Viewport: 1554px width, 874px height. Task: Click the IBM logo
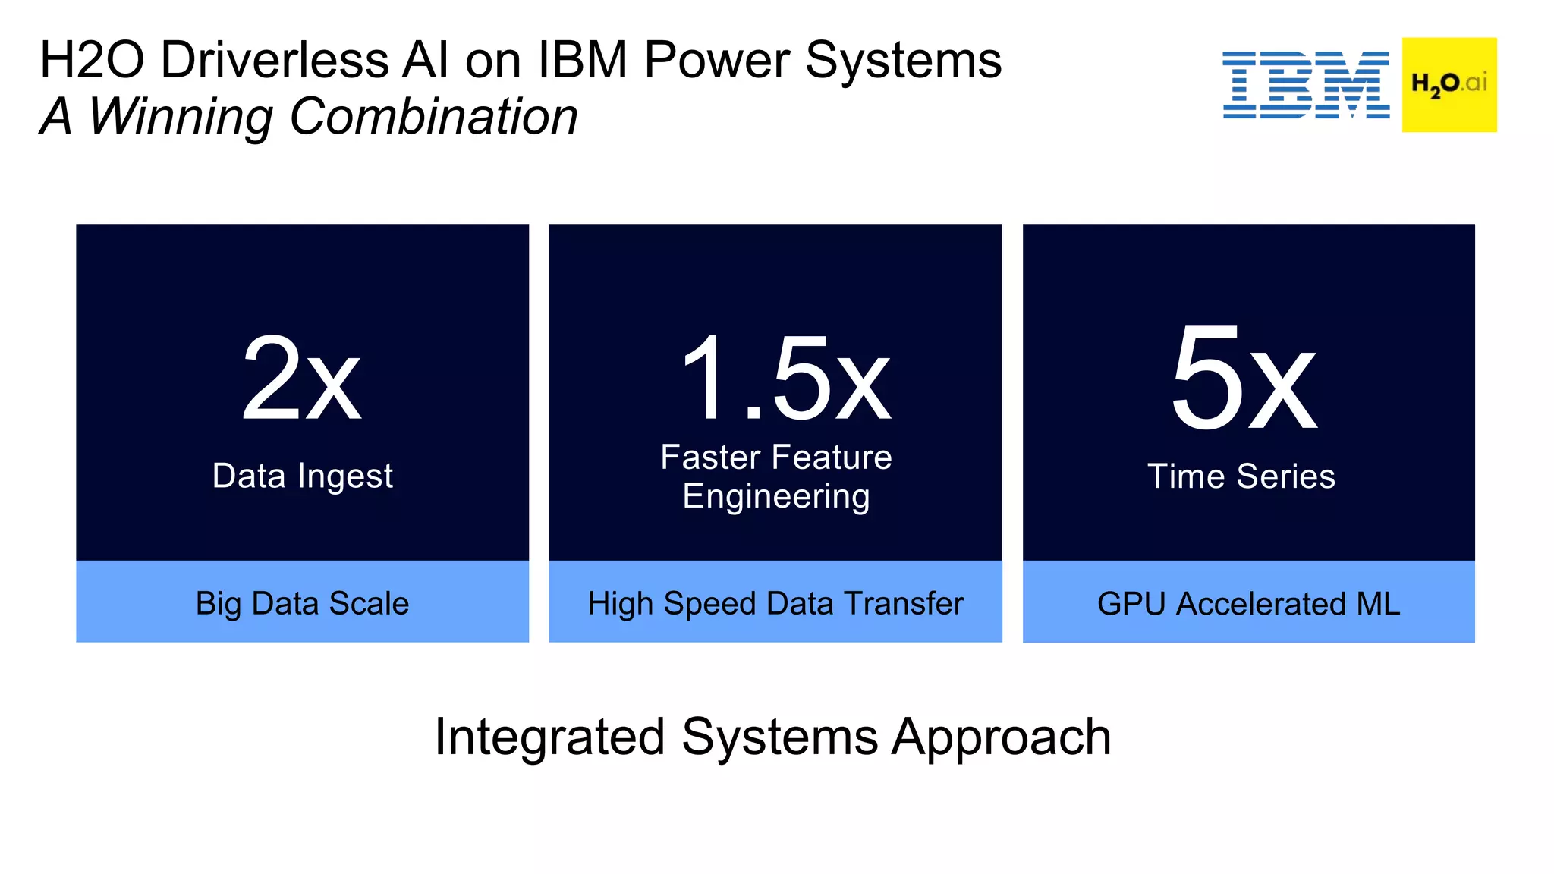pyautogui.click(x=1305, y=85)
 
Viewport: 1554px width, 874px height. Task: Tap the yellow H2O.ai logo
pyautogui.click(x=1449, y=84)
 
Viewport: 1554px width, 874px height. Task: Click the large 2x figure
pyautogui.click(x=301, y=379)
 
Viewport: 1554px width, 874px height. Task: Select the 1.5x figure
pyautogui.click(x=785, y=379)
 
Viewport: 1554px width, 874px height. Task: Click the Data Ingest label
pyautogui.click(x=302, y=476)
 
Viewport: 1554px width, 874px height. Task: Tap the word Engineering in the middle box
pyautogui.click(x=775, y=497)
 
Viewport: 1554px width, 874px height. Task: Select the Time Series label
pyautogui.click(x=1241, y=476)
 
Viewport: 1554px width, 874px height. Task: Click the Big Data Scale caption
pyautogui.click(x=302, y=604)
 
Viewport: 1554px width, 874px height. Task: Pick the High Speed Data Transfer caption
pyautogui.click(x=775, y=604)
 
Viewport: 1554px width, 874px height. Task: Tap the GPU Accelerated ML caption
pyautogui.click(x=1248, y=604)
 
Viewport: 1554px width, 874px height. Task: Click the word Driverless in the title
pyautogui.click(x=275, y=61)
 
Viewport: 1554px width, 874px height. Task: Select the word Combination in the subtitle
pyautogui.click(x=433, y=118)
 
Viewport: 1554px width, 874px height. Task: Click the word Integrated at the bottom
pyautogui.click(x=550, y=737)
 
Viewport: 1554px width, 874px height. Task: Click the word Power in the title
pyautogui.click(x=717, y=61)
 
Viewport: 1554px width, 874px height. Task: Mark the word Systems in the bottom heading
pyautogui.click(x=779, y=737)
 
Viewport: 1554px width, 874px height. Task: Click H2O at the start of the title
pyautogui.click(x=92, y=61)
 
